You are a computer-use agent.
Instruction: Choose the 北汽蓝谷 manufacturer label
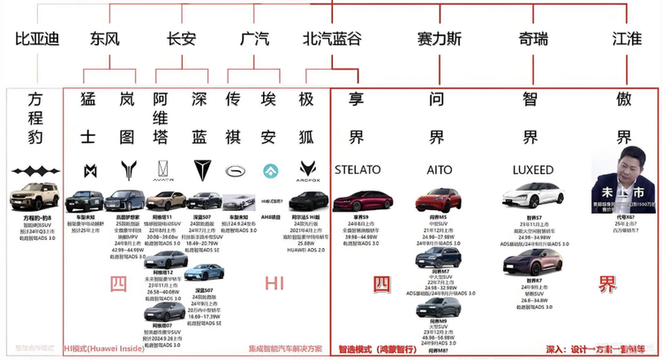click(332, 39)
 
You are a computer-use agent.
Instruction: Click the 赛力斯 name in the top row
click(439, 39)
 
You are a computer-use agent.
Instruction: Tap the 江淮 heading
click(627, 39)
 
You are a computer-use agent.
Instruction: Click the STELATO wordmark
click(357, 169)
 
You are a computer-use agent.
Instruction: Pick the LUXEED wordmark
click(532, 169)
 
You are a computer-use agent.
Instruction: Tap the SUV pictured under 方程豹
click(33, 197)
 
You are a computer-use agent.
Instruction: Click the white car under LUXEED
click(532, 197)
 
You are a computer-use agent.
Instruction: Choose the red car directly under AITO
click(438, 199)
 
